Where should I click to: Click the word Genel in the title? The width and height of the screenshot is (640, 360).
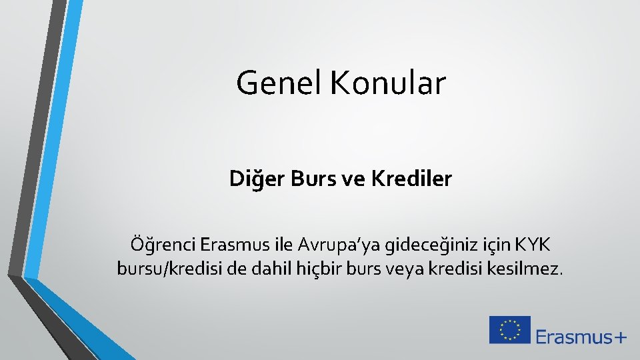point(278,83)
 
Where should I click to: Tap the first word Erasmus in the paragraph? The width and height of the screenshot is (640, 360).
point(233,245)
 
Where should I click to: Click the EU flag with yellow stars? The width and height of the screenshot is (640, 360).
point(509,330)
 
